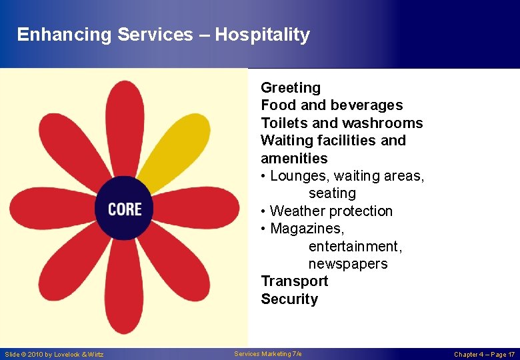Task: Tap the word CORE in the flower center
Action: [x=125, y=209]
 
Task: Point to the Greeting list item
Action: [x=291, y=88]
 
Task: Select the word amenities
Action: [x=294, y=159]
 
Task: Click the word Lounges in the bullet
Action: [x=298, y=176]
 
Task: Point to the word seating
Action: [x=332, y=193]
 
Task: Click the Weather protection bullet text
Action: [x=331, y=211]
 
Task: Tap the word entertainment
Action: [x=355, y=247]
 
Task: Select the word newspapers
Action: [x=347, y=264]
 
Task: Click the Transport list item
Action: [x=294, y=281]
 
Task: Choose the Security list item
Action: [x=289, y=299]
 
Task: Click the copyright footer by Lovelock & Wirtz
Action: [x=54, y=354]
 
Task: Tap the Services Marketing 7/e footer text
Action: [x=268, y=353]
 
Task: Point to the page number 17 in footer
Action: [x=511, y=354]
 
